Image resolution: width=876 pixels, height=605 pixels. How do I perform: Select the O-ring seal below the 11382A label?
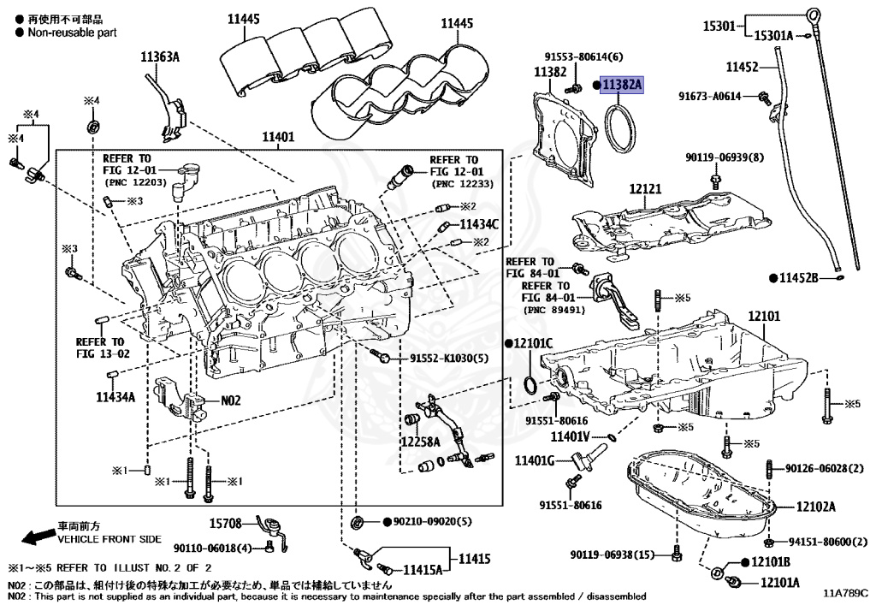coord(624,126)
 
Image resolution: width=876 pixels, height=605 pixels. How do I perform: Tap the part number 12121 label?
coord(646,188)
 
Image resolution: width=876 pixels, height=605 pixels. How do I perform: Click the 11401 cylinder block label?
coord(278,136)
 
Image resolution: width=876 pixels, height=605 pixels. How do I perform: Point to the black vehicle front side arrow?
coord(36,537)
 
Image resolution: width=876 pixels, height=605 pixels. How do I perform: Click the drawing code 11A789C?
coord(845,591)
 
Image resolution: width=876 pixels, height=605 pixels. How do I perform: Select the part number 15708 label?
coord(227,521)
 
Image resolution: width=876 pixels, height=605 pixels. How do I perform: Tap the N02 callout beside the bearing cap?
coord(232,400)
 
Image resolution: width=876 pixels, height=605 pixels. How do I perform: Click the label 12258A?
coord(420,442)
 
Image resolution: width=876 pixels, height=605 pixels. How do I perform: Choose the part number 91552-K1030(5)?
coord(449,357)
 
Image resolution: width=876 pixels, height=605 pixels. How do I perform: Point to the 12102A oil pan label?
coord(815,506)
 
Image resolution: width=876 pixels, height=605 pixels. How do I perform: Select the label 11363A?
coord(160,57)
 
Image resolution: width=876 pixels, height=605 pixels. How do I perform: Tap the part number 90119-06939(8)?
coord(725,158)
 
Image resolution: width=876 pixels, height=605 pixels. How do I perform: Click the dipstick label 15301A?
coord(773,35)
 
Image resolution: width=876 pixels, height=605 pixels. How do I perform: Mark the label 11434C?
coord(479,223)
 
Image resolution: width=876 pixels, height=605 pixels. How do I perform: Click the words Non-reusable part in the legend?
coord(72,33)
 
